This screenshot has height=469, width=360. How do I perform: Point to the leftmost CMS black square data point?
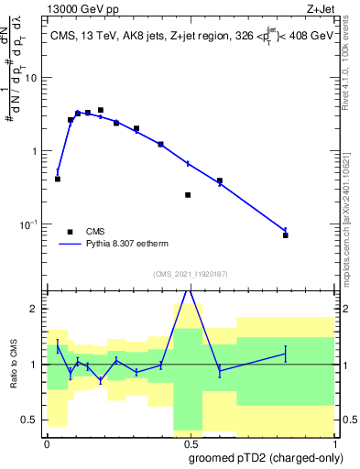[58, 179]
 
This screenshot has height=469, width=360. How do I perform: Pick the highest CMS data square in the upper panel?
[101, 110]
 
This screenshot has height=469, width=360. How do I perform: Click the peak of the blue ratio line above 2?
[188, 289]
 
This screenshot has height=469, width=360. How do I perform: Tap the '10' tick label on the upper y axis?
[34, 78]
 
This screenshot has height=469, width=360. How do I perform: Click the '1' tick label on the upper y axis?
[38, 151]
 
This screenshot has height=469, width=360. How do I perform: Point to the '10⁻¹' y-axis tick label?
[32, 224]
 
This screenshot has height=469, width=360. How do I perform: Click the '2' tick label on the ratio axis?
[38, 310]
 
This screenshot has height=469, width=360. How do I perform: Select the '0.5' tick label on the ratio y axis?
[33, 420]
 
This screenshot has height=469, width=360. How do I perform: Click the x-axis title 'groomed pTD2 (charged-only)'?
[267, 457]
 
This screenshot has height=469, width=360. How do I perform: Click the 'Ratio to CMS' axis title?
[13, 364]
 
